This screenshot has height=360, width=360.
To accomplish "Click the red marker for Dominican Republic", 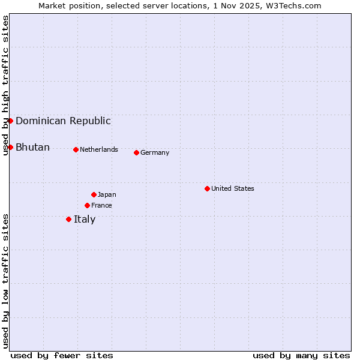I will pyautogui.click(x=10, y=121).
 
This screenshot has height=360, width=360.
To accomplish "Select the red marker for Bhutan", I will pyautogui.click(x=10, y=147).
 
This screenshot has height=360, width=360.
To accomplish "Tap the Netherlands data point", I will pyautogui.click(x=76, y=149).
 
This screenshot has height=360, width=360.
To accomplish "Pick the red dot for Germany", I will pyautogui.click(x=136, y=152).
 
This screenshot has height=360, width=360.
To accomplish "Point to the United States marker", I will pyautogui.click(x=207, y=188).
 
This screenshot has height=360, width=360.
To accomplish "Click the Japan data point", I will pyautogui.click(x=94, y=194).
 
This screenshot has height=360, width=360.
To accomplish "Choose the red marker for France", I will pyautogui.click(x=87, y=205).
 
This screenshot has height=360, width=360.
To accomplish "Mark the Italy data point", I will pyautogui.click(x=68, y=219).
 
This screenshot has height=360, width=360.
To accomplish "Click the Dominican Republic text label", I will pyautogui.click(x=63, y=121).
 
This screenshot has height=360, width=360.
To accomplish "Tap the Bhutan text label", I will pyautogui.click(x=32, y=147).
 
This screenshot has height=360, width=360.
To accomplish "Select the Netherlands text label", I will pyautogui.click(x=99, y=149).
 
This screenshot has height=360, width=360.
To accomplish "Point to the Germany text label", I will pyautogui.click(x=155, y=152).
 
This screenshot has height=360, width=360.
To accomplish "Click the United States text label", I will pyautogui.click(x=233, y=188).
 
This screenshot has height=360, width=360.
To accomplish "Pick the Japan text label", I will pyautogui.click(x=107, y=194).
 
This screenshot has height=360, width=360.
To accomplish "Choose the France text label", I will pyautogui.click(x=101, y=205).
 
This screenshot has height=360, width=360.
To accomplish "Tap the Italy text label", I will pyautogui.click(x=85, y=219).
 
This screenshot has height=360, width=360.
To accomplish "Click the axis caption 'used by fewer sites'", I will pyautogui.click(x=62, y=355).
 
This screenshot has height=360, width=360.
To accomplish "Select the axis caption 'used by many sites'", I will pyautogui.click(x=301, y=355).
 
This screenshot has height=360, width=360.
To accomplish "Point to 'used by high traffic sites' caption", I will pyautogui.click(x=5, y=85).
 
